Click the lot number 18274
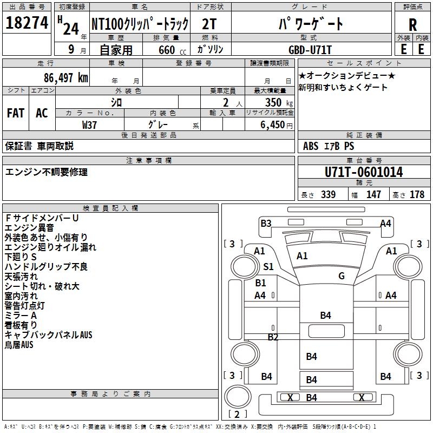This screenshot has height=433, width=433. (27, 23)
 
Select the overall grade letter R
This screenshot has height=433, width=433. (412, 25)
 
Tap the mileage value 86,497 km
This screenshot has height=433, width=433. (65, 78)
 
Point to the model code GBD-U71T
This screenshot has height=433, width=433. (310, 50)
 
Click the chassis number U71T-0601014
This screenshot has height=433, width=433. (364, 172)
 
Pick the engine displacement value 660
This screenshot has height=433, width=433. (167, 50)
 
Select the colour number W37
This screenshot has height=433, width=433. (89, 125)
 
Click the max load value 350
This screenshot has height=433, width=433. (273, 102)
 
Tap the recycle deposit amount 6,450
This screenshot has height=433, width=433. (272, 125)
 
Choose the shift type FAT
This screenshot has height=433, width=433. (16, 113)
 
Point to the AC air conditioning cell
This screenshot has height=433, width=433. (42, 113)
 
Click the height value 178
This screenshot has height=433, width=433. (417, 194)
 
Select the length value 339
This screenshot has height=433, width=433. (329, 194)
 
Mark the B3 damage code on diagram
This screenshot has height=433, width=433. (266, 223)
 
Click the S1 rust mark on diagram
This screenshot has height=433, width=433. (268, 267)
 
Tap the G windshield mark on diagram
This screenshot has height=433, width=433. (342, 275)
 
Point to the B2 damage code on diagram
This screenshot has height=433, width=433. (273, 337)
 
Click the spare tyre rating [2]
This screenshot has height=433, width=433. (237, 414)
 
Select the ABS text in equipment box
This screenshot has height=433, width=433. (311, 146)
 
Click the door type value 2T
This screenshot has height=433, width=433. (209, 24)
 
